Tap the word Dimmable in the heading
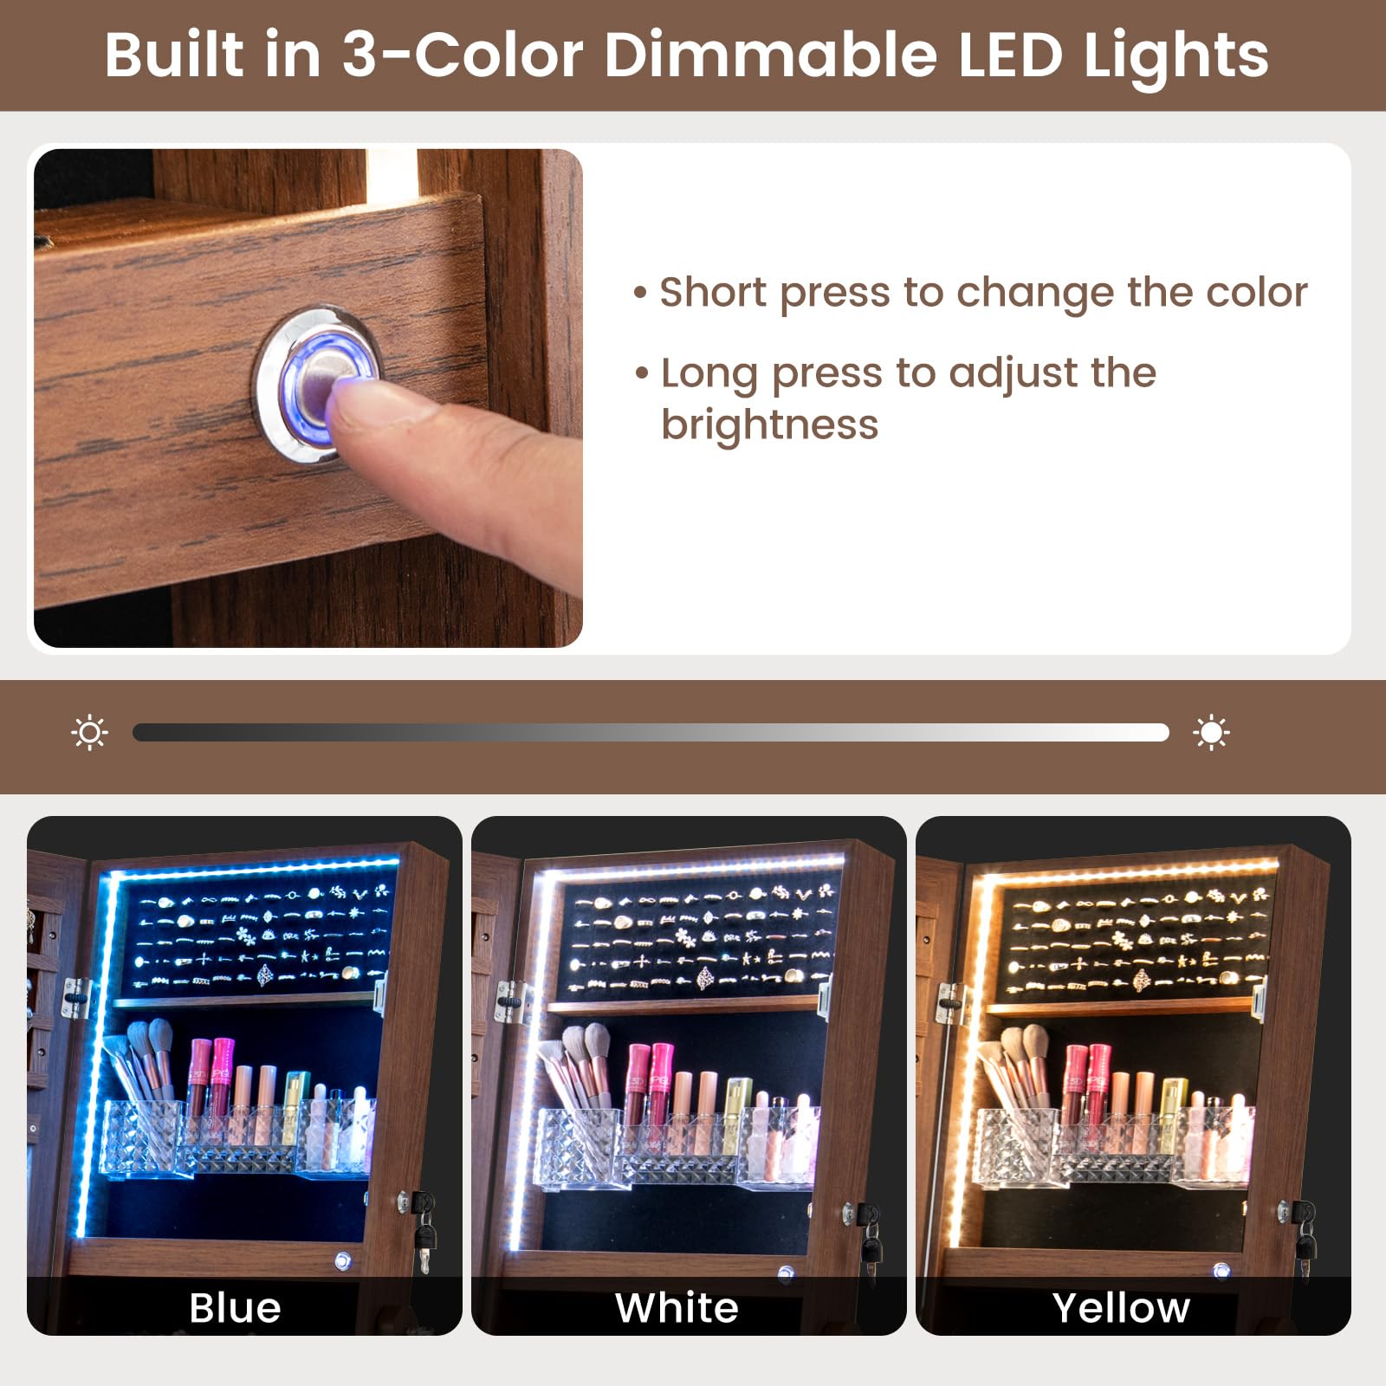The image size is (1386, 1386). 771,55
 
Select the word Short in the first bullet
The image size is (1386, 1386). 714,293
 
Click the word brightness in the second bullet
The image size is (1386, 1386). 769,425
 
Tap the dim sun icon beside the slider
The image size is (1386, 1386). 89,733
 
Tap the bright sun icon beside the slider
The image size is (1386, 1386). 1210,733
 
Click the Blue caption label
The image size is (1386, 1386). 235,1307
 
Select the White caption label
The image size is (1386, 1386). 677,1307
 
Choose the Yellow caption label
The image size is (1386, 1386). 1121,1307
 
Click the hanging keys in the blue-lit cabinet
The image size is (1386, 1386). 424,1230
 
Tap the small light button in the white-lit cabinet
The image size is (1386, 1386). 786,1273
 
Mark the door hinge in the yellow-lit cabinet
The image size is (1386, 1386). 951,1003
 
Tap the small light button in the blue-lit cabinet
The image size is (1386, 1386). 343,1260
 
